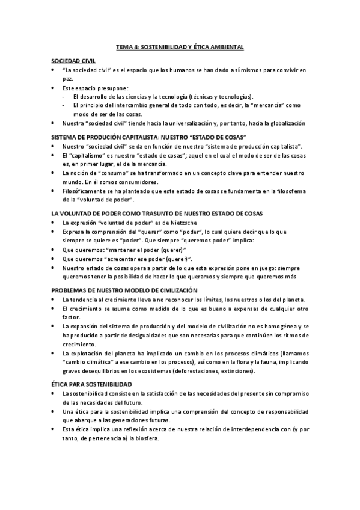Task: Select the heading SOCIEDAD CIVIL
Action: pos(73,61)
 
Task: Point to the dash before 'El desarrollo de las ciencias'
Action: pos(64,97)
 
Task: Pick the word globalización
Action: pos(285,123)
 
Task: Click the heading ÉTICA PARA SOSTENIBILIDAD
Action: pos(92,384)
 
